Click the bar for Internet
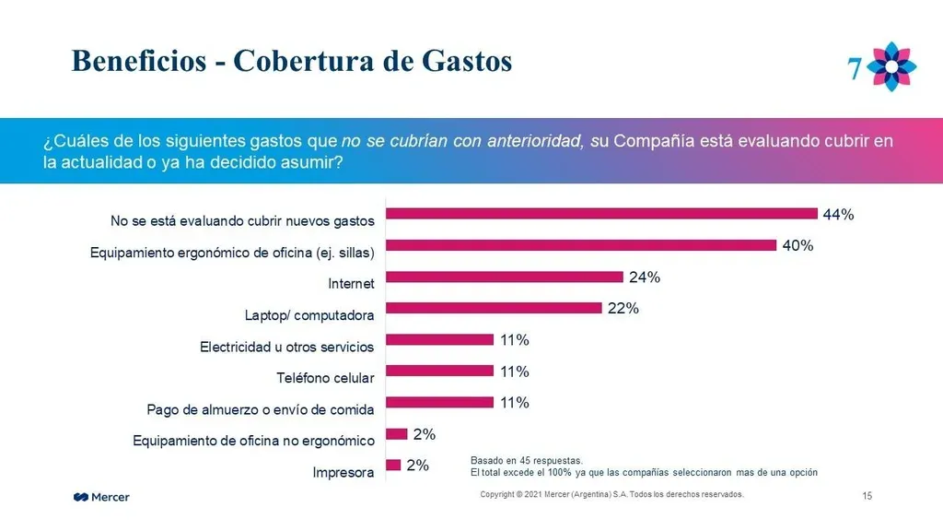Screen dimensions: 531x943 tap(505, 277)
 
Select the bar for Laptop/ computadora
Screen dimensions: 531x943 tap(494, 308)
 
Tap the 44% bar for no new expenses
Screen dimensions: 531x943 tap(601, 214)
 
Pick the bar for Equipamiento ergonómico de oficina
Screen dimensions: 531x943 tap(581, 245)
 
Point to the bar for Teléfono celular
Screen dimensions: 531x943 tap(440, 371)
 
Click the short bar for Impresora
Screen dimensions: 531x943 tap(393, 465)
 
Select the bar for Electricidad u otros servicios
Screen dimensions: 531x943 tap(440, 339)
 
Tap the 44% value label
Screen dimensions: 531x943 tap(838, 215)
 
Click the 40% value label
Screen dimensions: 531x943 tap(797, 246)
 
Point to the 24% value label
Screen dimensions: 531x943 tap(645, 277)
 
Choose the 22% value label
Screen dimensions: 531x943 tap(623, 309)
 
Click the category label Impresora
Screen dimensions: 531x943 tap(343, 473)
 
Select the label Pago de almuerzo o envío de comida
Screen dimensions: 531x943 tap(261, 409)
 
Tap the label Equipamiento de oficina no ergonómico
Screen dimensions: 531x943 tap(253, 441)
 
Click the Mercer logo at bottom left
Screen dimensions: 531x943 tap(101, 498)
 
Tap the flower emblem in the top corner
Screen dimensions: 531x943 tap(892, 65)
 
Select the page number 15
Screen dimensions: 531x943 tap(867, 497)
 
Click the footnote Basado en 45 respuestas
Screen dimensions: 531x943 tap(527, 460)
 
